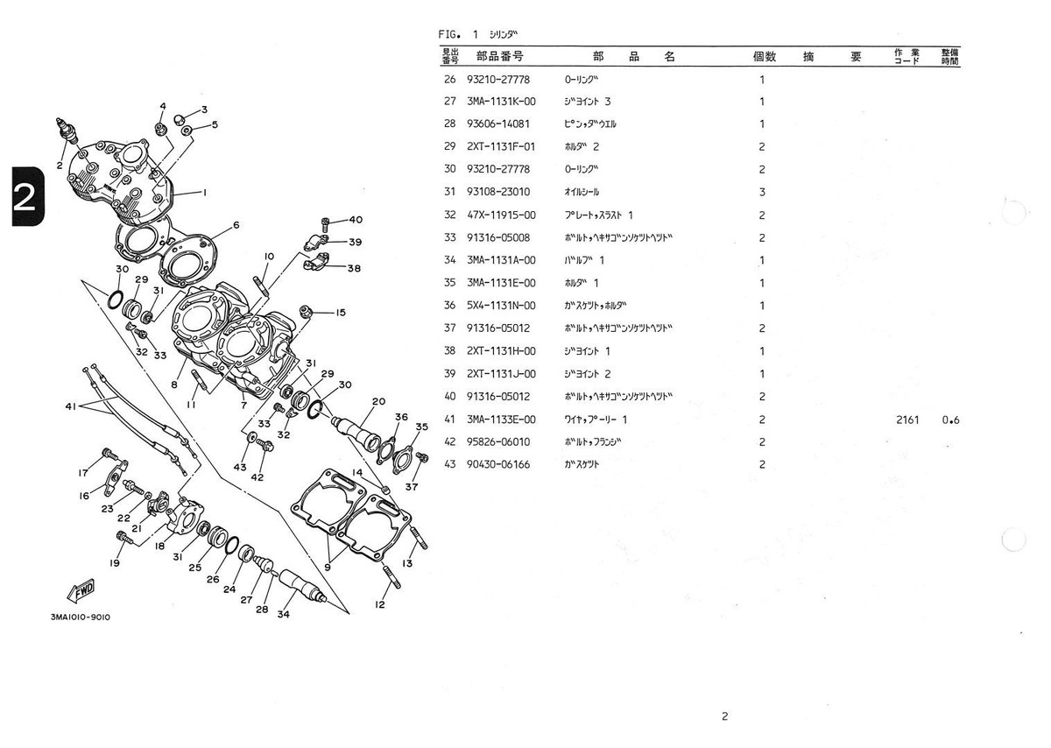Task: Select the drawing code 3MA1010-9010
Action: point(81,617)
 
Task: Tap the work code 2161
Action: point(907,420)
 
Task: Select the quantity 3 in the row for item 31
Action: point(762,192)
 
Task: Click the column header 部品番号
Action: point(500,57)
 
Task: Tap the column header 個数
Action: point(765,57)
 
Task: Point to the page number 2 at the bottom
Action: point(724,716)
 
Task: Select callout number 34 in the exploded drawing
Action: point(283,614)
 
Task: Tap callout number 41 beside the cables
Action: point(71,406)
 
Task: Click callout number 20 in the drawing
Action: point(378,402)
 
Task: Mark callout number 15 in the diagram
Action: point(340,313)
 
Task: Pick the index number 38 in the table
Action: point(450,351)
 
